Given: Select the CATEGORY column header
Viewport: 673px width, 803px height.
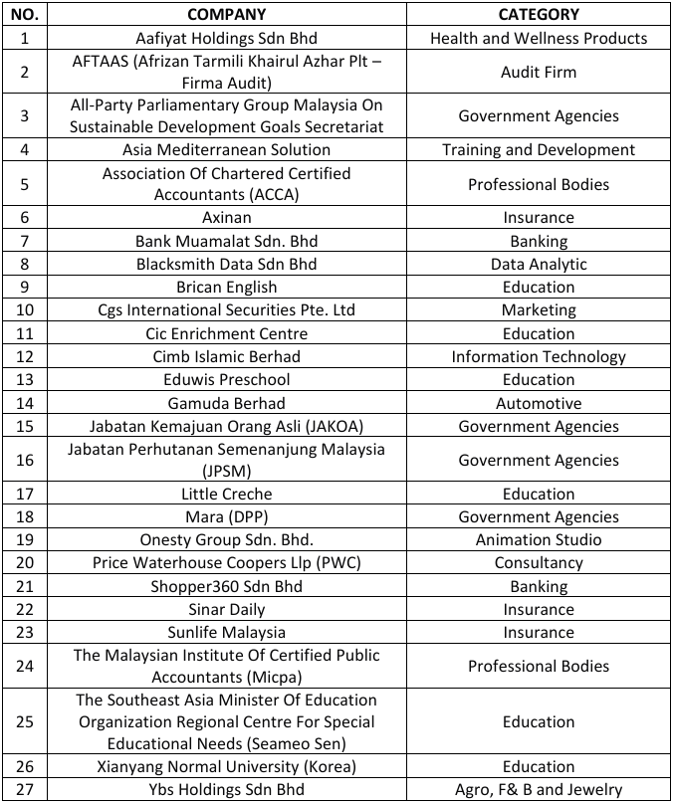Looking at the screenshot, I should tap(539, 14).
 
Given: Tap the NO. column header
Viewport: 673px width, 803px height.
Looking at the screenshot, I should tap(25, 14).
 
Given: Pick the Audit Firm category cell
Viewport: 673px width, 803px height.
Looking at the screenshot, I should tap(539, 72).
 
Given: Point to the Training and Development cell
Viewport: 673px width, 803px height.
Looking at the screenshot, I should tap(539, 150).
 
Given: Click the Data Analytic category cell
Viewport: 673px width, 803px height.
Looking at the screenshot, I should tap(539, 265).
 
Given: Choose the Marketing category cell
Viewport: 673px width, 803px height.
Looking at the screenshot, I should tap(539, 310).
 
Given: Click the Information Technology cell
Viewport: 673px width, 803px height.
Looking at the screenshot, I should tap(539, 356).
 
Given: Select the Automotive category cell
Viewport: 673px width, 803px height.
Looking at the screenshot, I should tap(539, 403).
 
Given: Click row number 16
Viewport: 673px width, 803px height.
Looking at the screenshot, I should tap(25, 460).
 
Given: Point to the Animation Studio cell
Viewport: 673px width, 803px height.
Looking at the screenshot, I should tap(539, 540).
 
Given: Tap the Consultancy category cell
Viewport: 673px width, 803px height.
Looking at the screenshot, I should tap(539, 563).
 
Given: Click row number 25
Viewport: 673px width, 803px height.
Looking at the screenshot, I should tap(25, 721).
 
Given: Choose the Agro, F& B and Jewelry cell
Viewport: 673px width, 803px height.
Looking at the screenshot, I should tap(539, 790).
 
